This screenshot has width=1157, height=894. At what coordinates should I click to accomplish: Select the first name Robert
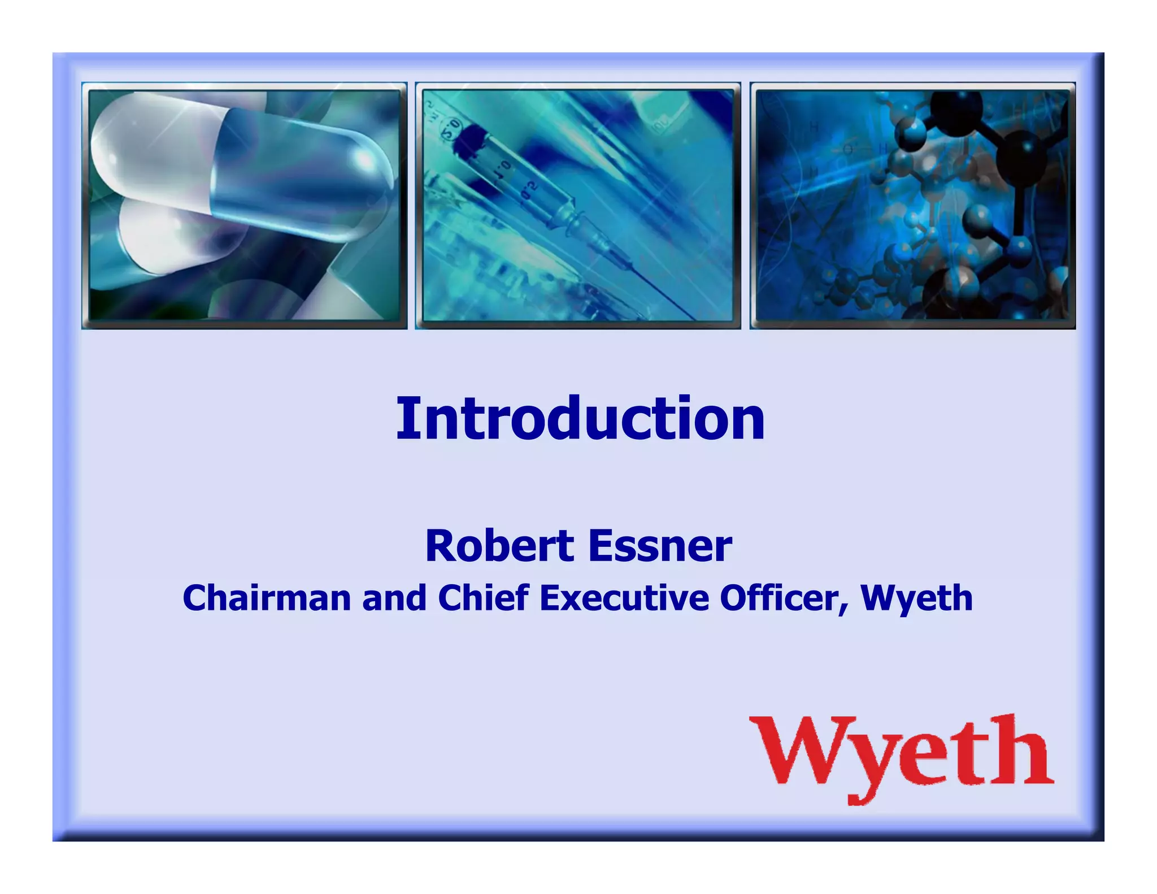tap(500, 546)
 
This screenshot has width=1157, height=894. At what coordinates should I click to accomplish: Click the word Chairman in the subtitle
tap(267, 598)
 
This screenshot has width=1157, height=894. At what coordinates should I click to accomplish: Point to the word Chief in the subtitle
tap(484, 598)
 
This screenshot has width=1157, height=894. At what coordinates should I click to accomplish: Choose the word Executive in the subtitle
tap(624, 598)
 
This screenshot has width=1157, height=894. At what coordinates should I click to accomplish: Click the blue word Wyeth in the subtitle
tap(916, 598)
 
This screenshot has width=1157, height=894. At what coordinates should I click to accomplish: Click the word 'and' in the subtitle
tap(394, 598)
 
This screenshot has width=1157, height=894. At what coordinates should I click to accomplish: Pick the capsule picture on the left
tap(244, 206)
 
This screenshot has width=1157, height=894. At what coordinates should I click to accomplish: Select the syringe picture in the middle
tap(577, 206)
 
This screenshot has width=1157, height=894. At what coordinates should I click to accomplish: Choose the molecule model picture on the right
tap(912, 206)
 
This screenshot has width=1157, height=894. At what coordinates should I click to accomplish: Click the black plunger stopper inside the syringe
tap(469, 139)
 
